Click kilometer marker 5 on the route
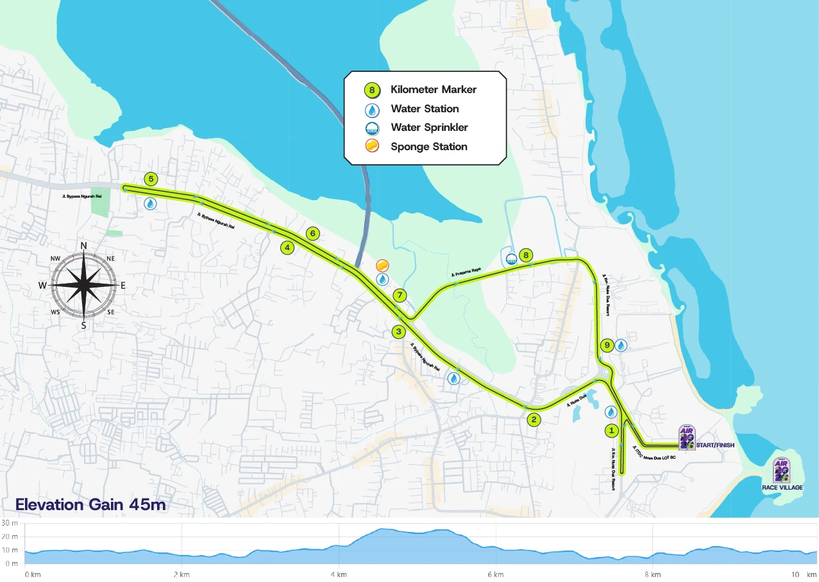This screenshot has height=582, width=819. coord(151,179)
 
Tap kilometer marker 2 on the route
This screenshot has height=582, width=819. coord(534,420)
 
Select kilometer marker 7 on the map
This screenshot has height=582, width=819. coord(400,296)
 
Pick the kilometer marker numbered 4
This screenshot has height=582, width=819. coord(287,247)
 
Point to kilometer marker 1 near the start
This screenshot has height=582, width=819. coord(612,430)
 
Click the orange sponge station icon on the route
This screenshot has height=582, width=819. coord(382,265)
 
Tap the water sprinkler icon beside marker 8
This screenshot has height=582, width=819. coord(511,259)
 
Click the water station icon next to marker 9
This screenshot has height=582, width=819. coord(621,345)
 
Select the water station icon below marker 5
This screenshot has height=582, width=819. coord(150,203)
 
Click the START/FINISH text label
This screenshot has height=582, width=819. coord(714,445)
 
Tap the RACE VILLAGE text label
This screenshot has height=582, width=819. coord(782,488)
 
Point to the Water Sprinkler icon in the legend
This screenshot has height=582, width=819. coord(371,128)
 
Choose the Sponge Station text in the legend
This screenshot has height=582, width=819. coord(428,147)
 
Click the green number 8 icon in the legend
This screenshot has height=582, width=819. coord(371,90)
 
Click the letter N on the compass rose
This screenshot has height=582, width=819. coord(83,246)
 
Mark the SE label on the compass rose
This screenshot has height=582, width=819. coord(111,312)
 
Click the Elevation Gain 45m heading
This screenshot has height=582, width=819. coord(90,505)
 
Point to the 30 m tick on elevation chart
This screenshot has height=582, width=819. coord(10,524)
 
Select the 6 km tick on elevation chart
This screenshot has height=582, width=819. coord(494,574)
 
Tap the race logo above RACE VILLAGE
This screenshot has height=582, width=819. coord(781,470)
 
